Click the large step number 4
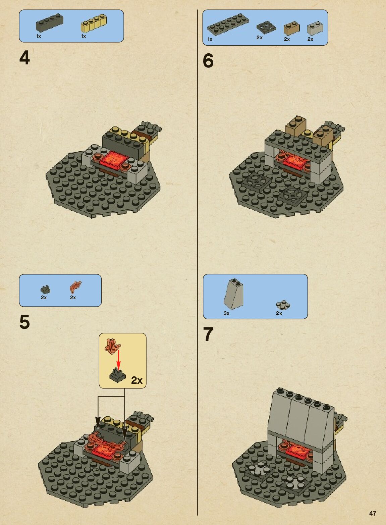point(24,58)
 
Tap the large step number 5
point(24,322)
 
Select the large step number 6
point(208,61)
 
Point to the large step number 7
point(208,334)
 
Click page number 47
point(373,513)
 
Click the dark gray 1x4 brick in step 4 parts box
point(49,22)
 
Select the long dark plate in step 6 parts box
point(228,24)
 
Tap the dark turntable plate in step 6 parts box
point(266,28)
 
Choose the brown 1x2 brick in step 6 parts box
point(291,29)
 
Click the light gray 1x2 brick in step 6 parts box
point(315,29)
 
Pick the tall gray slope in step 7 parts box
point(233,293)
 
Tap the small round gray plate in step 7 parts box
point(283,305)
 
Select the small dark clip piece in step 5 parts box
point(46,290)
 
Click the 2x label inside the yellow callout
point(136,380)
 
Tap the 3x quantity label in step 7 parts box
point(226,313)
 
